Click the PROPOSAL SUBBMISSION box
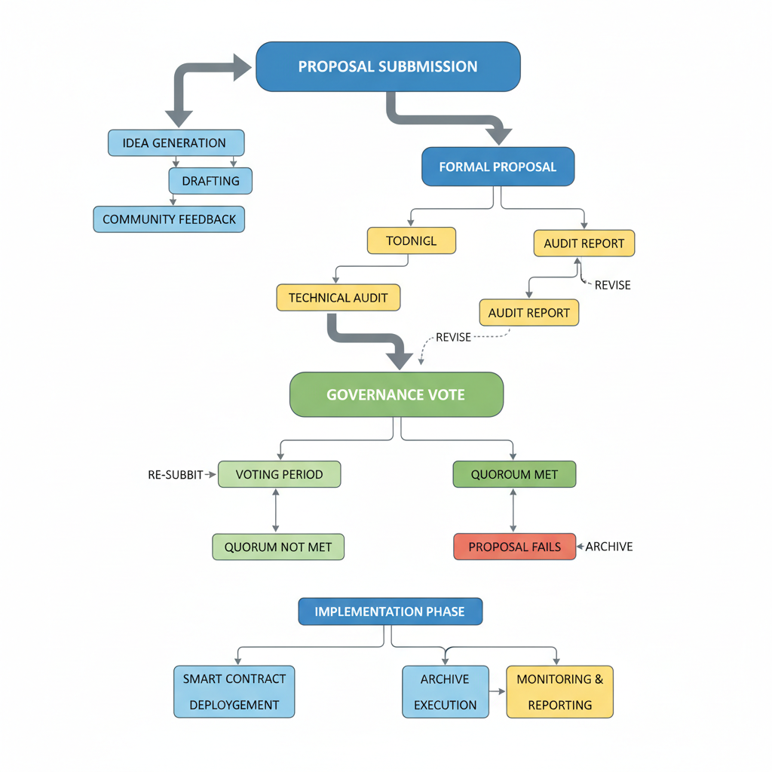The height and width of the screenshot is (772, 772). [x=388, y=66]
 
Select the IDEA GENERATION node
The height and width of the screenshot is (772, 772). [x=176, y=142]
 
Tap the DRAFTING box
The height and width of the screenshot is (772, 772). [x=210, y=181]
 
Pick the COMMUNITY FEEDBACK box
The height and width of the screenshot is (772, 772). [x=169, y=219]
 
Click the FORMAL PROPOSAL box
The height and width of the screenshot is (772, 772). [x=497, y=167]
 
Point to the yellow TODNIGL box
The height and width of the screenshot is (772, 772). [x=411, y=240]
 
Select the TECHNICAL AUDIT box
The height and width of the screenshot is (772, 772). [x=338, y=298]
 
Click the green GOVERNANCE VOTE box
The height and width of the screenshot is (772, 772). [x=396, y=394]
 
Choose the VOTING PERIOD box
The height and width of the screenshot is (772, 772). [x=279, y=474]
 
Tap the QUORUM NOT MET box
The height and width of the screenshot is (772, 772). [x=278, y=547]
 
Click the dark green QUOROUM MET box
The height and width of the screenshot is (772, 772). [x=514, y=474]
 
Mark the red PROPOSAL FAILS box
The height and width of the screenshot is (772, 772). [x=514, y=547]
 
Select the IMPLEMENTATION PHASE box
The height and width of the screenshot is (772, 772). [x=390, y=611]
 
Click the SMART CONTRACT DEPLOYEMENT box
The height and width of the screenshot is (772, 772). [x=234, y=691]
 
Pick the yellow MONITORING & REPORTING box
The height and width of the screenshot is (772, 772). [x=559, y=691]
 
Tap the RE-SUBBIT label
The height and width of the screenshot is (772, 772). [x=175, y=475]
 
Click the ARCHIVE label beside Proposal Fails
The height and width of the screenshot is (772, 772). [x=608, y=547]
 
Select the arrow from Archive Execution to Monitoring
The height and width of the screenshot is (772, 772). [x=497, y=691]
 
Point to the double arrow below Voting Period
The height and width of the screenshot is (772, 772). [x=276, y=510]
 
